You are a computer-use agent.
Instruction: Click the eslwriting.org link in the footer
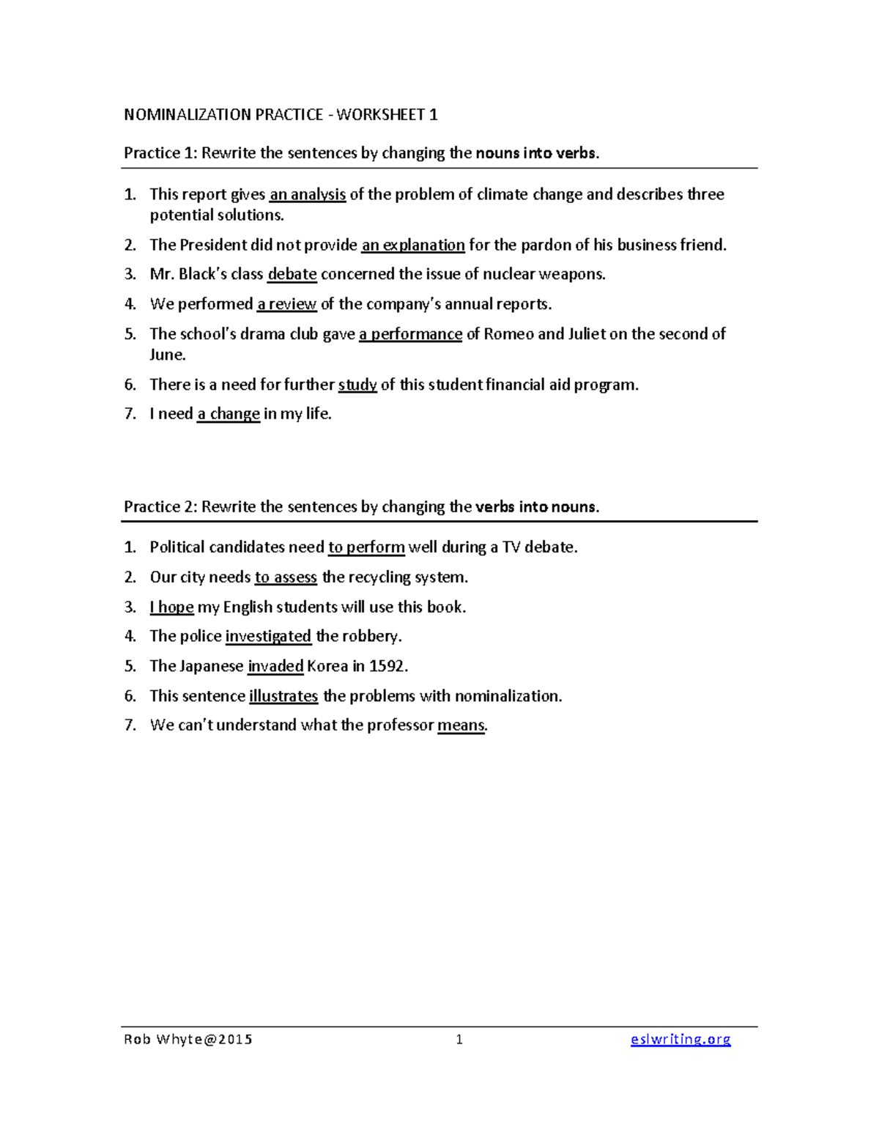[680, 1039]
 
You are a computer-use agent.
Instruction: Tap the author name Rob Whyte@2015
[188, 1039]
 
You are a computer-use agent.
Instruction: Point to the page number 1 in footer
[459, 1039]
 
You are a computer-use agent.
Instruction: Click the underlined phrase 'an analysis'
[308, 194]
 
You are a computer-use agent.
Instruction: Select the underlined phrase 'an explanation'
[413, 245]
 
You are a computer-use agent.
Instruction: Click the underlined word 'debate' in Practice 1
[292, 274]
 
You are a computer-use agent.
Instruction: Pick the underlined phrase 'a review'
[287, 304]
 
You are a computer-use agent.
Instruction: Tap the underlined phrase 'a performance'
[410, 334]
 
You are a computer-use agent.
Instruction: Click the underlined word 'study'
[357, 385]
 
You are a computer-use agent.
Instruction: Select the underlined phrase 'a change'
[229, 414]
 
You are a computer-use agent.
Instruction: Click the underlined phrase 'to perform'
[366, 547]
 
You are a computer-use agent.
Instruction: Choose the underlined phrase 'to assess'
[286, 577]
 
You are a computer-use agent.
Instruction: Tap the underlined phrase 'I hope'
[171, 607]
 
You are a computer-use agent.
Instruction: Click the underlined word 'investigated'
[268, 636]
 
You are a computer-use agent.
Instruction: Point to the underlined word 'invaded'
[275, 666]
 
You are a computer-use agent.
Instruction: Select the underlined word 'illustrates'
[283, 696]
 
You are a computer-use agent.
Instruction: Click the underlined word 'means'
[461, 725]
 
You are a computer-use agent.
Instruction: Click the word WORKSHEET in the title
[381, 114]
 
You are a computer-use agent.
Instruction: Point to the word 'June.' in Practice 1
[168, 355]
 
